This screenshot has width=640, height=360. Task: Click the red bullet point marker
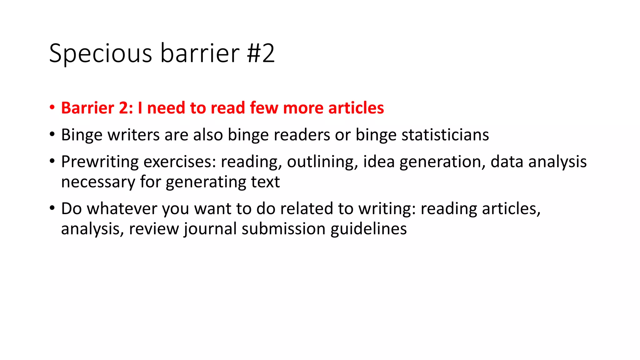(x=52, y=108)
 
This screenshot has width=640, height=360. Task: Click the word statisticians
(x=445, y=135)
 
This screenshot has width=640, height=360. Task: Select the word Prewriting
(x=100, y=162)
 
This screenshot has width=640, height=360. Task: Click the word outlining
(x=322, y=162)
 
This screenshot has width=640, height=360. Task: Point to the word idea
(x=379, y=162)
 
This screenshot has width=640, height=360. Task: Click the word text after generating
(x=265, y=182)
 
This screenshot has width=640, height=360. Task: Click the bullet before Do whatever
(x=52, y=208)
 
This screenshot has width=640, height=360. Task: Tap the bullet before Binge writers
(x=52, y=135)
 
